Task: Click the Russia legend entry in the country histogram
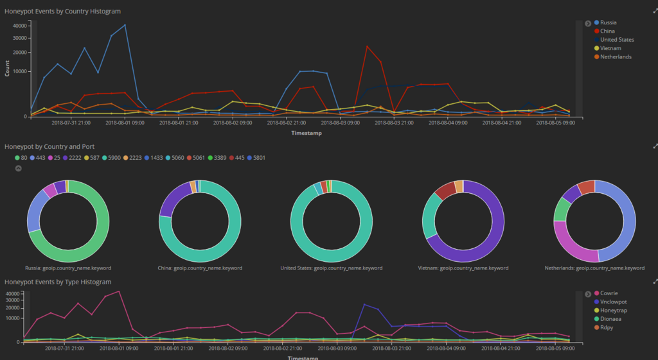tap(608, 22)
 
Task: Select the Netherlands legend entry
tap(615, 57)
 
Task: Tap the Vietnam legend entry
tap(610, 48)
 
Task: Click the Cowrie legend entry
tap(609, 293)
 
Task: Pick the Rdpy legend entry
tap(607, 327)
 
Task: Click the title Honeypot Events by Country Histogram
tap(62, 12)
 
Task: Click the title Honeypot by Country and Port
tap(49, 147)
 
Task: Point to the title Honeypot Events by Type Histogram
tap(58, 282)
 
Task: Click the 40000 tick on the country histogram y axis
tap(19, 26)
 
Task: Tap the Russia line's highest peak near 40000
tap(125, 25)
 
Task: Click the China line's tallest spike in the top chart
tap(367, 46)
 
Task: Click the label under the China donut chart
tap(199, 268)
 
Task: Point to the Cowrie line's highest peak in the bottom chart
tap(119, 291)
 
